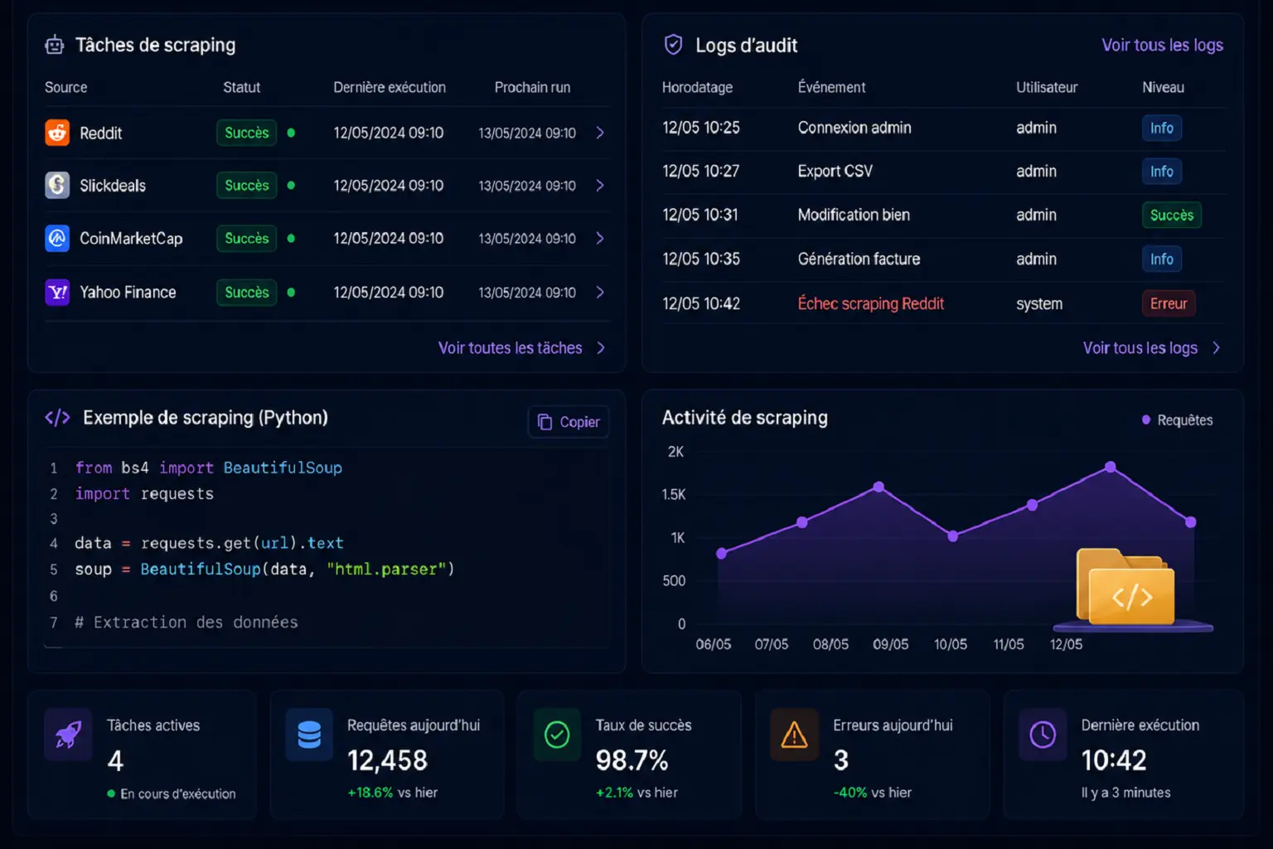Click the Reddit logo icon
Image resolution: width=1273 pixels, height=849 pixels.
(57, 133)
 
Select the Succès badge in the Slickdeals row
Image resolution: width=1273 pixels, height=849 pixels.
(247, 186)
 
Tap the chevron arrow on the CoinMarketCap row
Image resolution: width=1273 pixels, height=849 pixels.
(600, 238)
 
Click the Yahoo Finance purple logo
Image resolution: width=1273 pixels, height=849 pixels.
(57, 293)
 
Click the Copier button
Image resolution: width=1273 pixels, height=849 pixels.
(569, 422)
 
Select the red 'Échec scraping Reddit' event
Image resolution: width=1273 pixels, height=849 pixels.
(871, 303)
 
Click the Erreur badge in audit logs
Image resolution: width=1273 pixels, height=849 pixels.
(1169, 303)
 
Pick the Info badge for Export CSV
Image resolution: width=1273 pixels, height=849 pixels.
(1162, 171)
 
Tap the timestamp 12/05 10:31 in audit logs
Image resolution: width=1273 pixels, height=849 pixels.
(700, 215)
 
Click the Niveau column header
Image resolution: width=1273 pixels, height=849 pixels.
(1164, 87)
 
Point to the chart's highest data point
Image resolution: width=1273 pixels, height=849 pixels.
(1111, 467)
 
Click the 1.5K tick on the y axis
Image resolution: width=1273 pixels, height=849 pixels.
(674, 494)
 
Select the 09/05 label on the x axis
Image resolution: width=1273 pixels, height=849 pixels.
(891, 644)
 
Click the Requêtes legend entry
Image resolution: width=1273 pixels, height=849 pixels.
(1177, 420)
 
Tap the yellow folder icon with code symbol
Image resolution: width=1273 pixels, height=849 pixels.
(1125, 586)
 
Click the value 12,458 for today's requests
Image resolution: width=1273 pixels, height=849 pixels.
(387, 760)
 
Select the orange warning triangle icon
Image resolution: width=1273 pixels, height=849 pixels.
(794, 735)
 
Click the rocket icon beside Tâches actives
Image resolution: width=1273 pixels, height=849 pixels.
(68, 734)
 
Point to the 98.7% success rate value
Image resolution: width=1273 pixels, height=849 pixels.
(632, 760)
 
